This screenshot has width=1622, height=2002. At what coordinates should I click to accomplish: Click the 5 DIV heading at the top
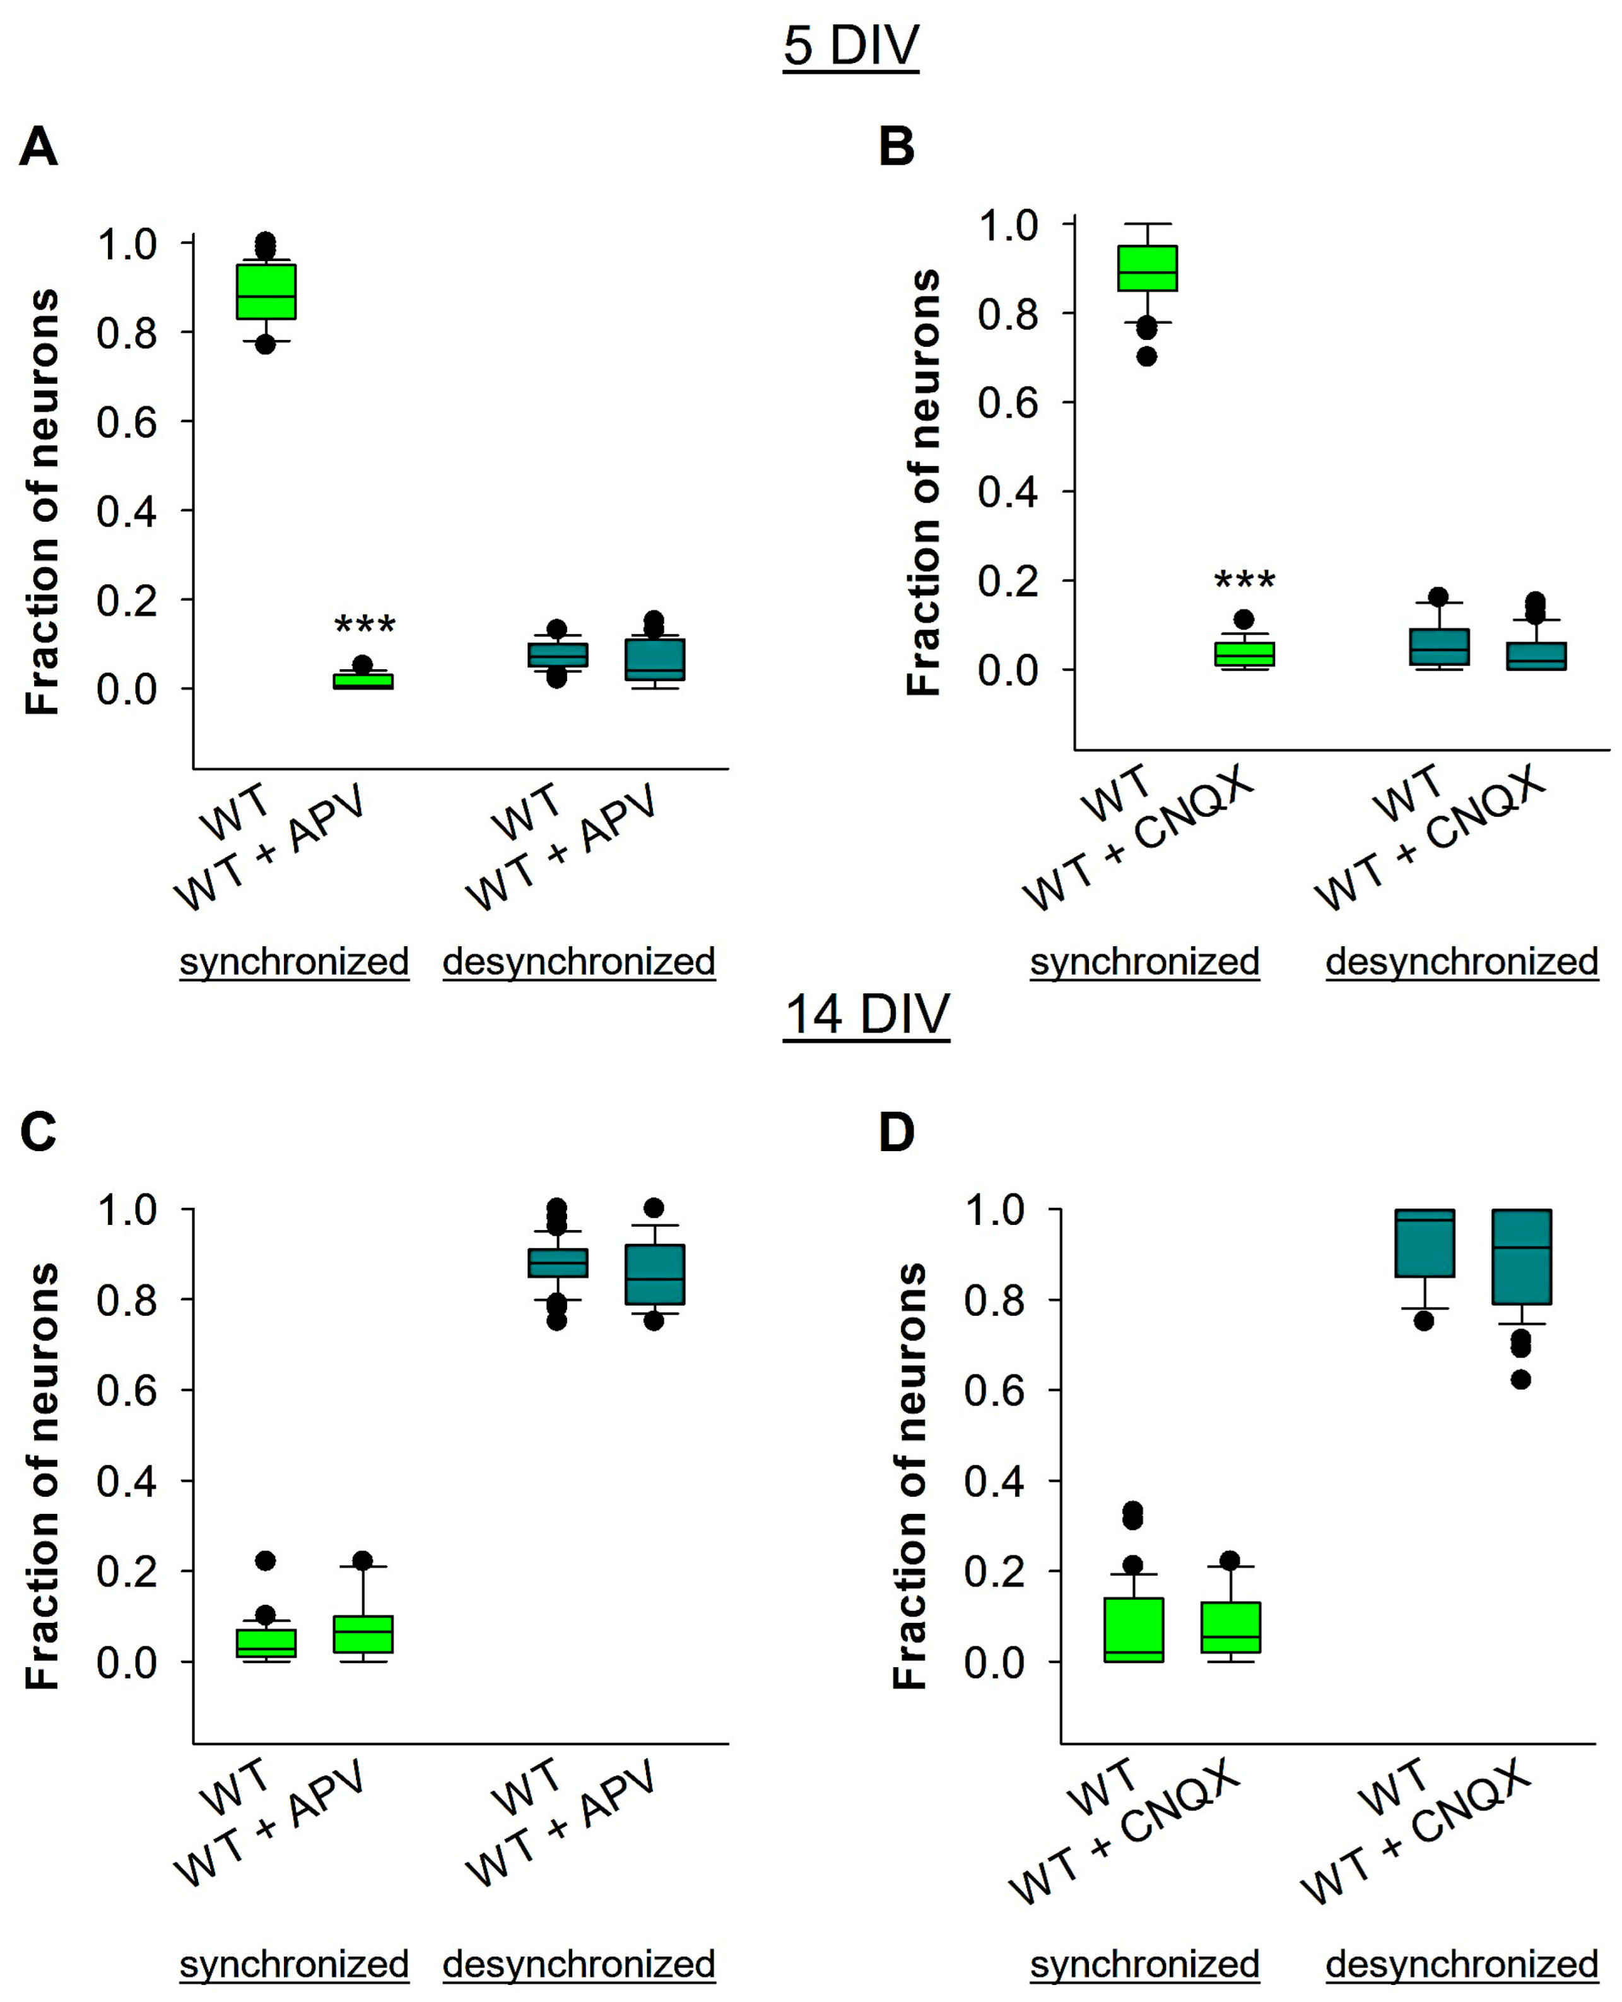point(850,45)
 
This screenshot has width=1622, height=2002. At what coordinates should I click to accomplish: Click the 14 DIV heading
point(866,1014)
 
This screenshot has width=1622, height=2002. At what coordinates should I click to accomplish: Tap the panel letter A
point(38,147)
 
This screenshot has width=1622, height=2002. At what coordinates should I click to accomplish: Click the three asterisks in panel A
point(365,624)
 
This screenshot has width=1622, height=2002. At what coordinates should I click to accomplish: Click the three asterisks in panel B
point(1243,580)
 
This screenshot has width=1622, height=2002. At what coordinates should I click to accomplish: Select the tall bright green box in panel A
point(266,291)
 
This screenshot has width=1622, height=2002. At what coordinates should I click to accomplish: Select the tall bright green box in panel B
point(1148,268)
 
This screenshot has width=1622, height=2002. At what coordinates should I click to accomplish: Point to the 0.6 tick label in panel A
point(126,422)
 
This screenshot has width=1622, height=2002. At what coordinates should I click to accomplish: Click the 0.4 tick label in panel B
point(1008,491)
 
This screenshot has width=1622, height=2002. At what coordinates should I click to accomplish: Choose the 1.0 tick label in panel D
point(994,1211)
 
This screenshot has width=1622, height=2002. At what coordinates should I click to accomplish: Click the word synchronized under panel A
point(295,961)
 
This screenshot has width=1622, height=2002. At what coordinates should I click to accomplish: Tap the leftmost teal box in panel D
point(1424,1243)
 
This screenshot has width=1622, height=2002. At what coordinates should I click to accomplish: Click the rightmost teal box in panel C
point(655,1274)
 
